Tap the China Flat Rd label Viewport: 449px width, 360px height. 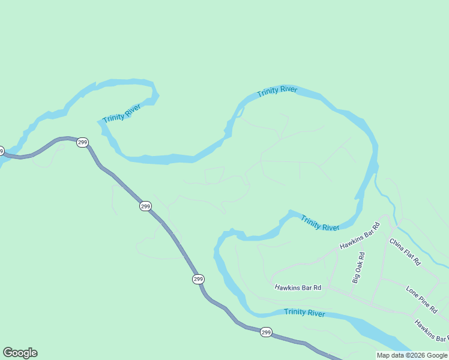tap(405, 253)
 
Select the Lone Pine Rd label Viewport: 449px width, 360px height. tap(421, 299)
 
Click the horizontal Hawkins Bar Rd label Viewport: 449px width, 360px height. tap(298, 287)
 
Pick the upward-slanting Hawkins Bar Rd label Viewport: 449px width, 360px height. tap(360, 236)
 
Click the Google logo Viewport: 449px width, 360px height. tap(20, 353)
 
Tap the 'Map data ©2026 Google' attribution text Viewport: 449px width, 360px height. tap(412, 355)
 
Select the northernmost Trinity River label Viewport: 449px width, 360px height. tap(277, 92)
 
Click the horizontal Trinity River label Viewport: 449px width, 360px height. tap(304, 313)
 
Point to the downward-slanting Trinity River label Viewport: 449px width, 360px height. tap(320, 223)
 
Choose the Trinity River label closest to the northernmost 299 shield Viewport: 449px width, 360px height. tap(122, 113)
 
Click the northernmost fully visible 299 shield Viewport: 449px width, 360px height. tap(83, 142)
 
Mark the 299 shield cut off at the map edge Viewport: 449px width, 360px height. tap(2, 151)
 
